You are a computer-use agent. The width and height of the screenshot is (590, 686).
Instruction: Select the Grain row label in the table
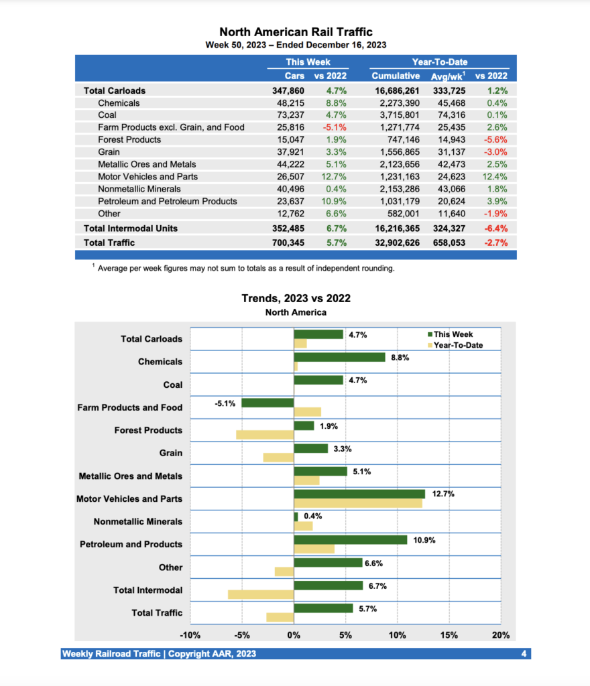click(109, 152)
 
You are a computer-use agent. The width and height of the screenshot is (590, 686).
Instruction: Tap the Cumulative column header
click(396, 76)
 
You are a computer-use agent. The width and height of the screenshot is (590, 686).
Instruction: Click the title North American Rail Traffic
click(296, 32)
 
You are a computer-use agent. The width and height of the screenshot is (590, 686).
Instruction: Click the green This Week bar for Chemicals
click(339, 357)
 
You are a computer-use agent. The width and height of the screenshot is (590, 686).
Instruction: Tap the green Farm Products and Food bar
click(268, 403)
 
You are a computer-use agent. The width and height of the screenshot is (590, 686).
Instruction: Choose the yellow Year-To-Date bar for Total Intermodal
click(261, 594)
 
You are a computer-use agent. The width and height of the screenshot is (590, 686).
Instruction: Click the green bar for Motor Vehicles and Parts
click(359, 494)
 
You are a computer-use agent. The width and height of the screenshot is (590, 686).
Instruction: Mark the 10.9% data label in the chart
click(424, 540)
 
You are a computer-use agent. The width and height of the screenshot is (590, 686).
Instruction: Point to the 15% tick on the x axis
click(449, 634)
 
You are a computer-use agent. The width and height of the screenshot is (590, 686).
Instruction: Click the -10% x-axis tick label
click(190, 634)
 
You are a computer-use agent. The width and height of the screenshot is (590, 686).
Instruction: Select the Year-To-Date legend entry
click(458, 345)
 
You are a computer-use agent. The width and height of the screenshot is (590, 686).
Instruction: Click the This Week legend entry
click(453, 334)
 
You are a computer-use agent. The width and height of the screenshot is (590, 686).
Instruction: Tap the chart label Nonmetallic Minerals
click(137, 521)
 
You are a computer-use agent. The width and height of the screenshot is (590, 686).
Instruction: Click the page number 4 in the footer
click(524, 654)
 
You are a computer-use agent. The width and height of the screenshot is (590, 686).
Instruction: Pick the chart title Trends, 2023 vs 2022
click(296, 298)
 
